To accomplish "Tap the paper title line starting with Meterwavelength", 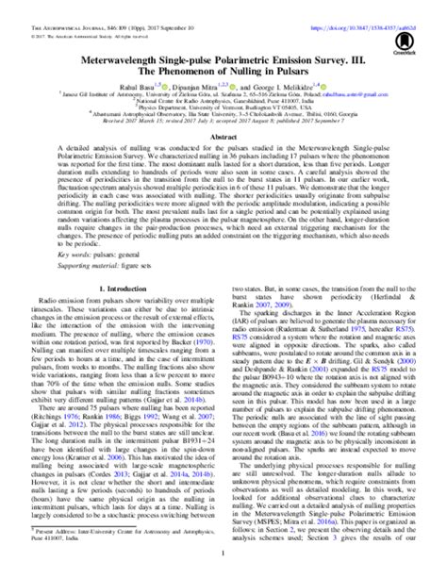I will pos(223,56).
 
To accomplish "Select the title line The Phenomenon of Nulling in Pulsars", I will pos(223,70).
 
